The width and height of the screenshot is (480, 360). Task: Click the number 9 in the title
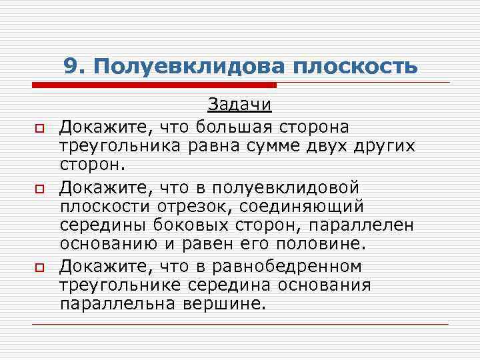(x=70, y=65)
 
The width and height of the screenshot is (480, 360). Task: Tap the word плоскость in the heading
(x=355, y=65)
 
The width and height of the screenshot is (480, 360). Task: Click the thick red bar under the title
(x=154, y=85)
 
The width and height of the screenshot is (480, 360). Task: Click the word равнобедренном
(x=287, y=267)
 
